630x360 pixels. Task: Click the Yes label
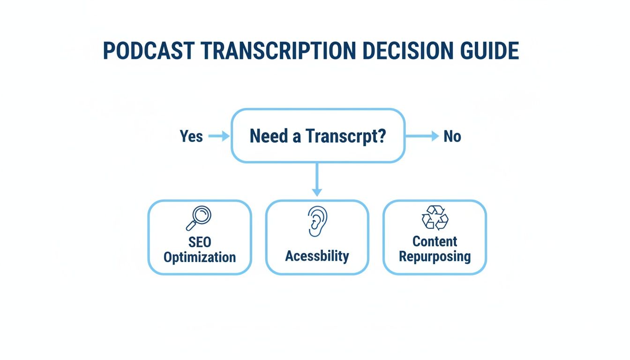tap(191, 136)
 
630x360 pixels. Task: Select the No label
tap(452, 136)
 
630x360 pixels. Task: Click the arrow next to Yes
tap(218, 136)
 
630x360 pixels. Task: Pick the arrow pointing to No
tap(422, 136)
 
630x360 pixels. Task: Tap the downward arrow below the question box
tap(317, 180)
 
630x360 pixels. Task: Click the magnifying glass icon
tap(199, 218)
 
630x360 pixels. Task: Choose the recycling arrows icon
tap(435, 218)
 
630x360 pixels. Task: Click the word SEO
tap(200, 242)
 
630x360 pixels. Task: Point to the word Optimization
tap(200, 257)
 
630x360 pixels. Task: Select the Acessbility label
tap(317, 256)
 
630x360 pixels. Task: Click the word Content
tap(435, 241)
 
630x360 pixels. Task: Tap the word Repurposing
tap(435, 257)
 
